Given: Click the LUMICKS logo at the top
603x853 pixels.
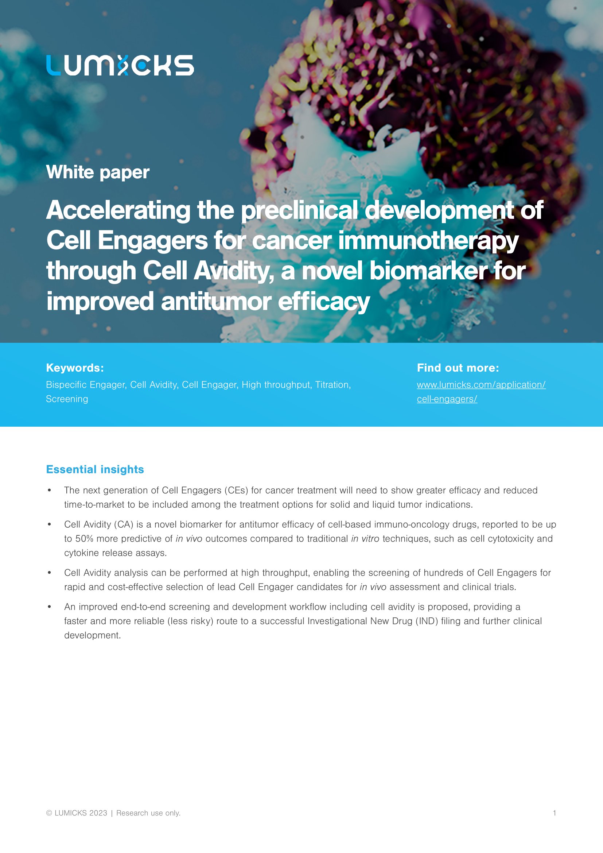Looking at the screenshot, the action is pos(120,65).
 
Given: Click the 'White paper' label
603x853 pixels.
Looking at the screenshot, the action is pos(98,172).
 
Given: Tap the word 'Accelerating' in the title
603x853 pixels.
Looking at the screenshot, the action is pos(118,211).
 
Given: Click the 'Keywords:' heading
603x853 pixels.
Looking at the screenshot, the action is pos(75,368).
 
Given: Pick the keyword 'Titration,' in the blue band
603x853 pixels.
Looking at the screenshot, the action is pos(333,385).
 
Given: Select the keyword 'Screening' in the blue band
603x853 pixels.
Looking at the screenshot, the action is pos(67,399).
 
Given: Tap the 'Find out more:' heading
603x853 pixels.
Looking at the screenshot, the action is pos(458,368).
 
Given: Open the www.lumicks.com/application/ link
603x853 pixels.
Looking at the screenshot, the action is pos(481,385).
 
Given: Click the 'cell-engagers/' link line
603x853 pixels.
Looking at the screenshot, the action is pos(447,399).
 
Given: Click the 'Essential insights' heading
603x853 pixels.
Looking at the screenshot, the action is pos(95,470).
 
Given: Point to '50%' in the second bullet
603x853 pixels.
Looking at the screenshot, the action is pos(84,539).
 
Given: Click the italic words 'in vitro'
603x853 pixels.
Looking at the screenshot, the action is pos(365,539).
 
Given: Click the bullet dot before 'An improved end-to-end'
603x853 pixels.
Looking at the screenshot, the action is pos(49,607).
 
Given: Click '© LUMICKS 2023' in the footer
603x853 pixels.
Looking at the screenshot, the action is pos(77,813).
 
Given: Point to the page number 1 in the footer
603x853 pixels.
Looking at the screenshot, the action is pos(555,813).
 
